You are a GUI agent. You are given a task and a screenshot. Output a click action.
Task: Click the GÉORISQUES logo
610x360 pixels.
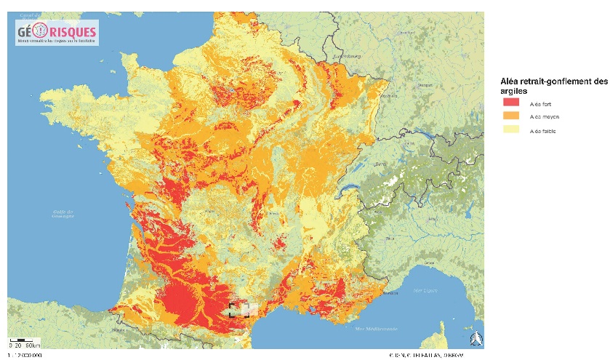(x=56, y=33)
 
